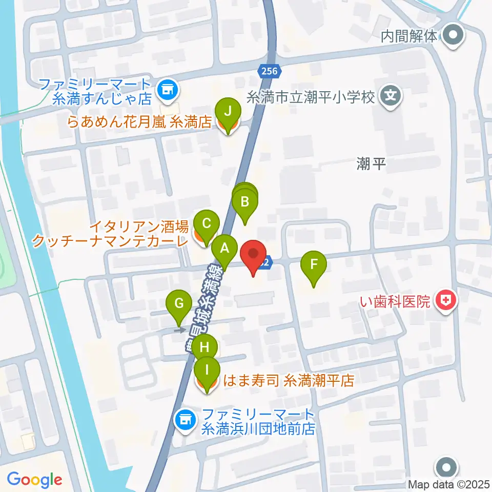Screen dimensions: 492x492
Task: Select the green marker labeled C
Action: pyautogui.click(x=207, y=224)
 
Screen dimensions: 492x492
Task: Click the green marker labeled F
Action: pyautogui.click(x=315, y=265)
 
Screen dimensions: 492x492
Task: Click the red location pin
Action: pyautogui.click(x=254, y=255)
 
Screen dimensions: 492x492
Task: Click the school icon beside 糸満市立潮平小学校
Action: pyautogui.click(x=391, y=95)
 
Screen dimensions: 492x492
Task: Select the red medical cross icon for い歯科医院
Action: pyautogui.click(x=445, y=300)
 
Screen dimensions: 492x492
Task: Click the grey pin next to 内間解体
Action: pyautogui.click(x=453, y=36)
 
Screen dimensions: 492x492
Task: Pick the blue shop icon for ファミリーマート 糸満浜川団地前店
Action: pyautogui.click(x=184, y=420)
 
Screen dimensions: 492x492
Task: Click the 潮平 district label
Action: pyautogui.click(x=370, y=164)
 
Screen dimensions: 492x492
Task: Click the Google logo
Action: pyautogui.click(x=34, y=479)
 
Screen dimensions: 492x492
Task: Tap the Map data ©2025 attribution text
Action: pyautogui.click(x=449, y=484)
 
